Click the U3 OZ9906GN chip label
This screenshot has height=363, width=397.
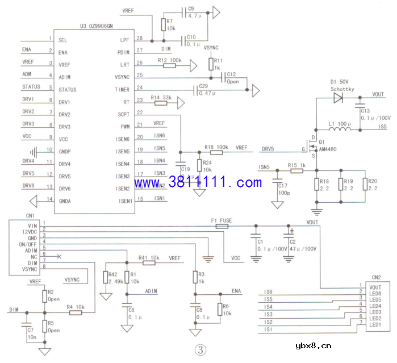pos(97,26)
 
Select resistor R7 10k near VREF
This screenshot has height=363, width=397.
pos(163,24)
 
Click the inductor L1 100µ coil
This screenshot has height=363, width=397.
pos(340,130)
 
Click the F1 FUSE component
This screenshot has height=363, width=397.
pos(222,226)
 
